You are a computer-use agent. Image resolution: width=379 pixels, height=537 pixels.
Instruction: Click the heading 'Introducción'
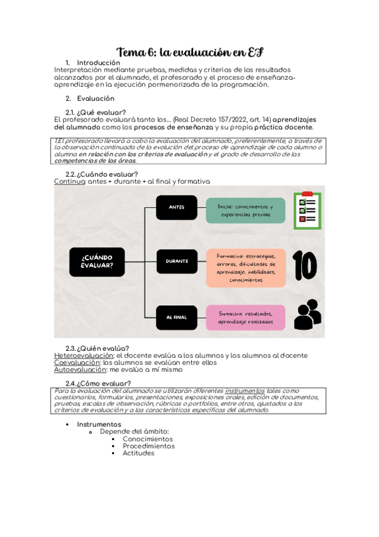tap(98, 63)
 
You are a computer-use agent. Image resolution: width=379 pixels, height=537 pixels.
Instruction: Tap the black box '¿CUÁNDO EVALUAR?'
tap(97, 262)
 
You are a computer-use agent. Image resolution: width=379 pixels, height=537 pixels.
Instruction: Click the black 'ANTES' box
tap(177, 208)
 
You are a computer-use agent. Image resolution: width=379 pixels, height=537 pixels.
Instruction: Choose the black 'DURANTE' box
tap(177, 262)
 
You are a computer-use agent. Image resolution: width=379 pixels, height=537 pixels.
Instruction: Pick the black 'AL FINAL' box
tap(176, 317)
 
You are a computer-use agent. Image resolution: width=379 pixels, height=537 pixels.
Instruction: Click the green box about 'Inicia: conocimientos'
tap(245, 210)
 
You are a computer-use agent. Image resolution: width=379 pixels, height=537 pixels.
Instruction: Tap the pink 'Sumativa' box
tap(245, 317)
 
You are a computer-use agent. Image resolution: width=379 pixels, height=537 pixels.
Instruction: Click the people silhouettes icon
tap(307, 316)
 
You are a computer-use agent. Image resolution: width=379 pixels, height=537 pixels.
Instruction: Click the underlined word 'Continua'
tap(69, 182)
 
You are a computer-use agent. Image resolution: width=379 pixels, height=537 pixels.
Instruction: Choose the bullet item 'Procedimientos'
tap(149, 446)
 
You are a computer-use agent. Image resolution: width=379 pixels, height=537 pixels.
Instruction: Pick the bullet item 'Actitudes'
tap(138, 453)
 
